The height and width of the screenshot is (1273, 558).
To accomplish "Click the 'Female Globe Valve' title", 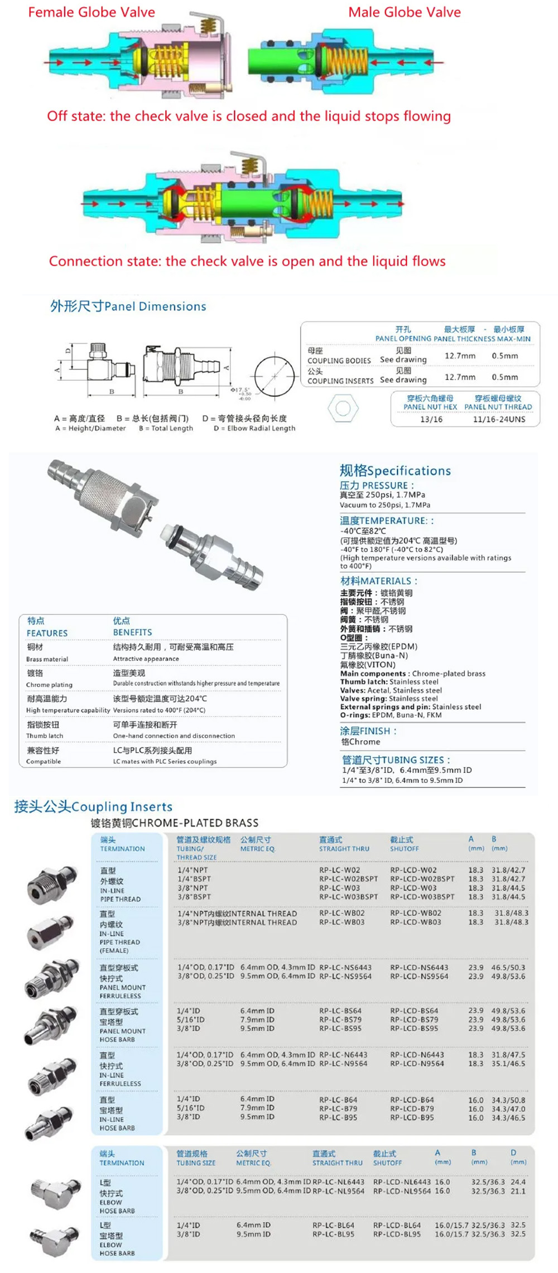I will [92, 12].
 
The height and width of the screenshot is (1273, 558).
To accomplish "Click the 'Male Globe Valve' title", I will [405, 12].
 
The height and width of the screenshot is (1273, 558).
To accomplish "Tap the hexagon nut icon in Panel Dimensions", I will [343, 408].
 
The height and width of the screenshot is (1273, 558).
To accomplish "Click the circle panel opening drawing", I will [275, 376].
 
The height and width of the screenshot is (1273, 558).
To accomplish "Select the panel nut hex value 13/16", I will [431, 419].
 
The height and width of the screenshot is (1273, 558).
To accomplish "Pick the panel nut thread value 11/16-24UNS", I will [499, 419].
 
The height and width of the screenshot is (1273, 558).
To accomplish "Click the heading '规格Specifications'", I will [395, 470].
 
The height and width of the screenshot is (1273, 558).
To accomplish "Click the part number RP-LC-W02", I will [339, 870].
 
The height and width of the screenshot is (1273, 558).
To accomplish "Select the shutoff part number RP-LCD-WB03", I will [415, 923].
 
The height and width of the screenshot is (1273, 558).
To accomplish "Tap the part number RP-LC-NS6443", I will [344, 968].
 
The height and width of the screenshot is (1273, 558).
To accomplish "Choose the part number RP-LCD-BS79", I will [414, 1020].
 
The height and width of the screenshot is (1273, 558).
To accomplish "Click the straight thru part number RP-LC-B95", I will [338, 1117].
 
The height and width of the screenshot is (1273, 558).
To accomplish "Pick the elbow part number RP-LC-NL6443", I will [338, 1182].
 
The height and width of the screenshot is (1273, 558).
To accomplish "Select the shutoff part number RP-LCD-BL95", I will [397, 1234].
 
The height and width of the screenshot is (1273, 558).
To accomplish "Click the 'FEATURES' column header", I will [47, 633].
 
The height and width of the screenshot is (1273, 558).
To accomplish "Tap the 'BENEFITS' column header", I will [132, 632].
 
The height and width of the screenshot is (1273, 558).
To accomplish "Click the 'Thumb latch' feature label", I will [45, 736].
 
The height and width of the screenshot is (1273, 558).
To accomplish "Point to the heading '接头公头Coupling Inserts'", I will [93, 806].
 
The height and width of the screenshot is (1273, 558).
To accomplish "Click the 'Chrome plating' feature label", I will [49, 685].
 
